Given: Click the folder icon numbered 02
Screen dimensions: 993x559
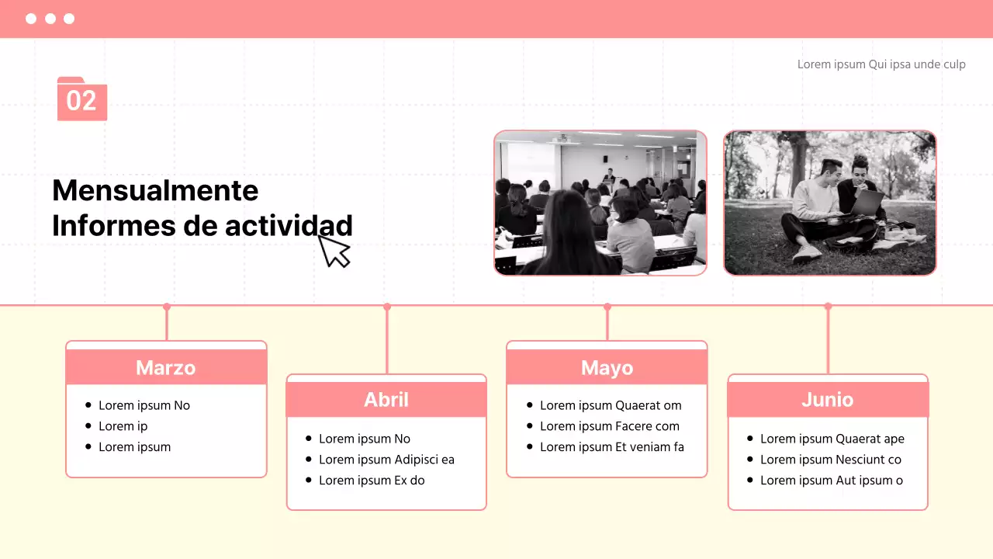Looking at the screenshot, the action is pyautogui.click(x=82, y=99).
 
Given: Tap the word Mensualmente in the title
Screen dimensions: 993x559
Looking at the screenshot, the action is pyautogui.click(x=155, y=190).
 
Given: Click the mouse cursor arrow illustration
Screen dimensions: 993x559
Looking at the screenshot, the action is pyautogui.click(x=334, y=251).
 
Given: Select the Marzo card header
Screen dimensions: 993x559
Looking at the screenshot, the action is pyautogui.click(x=166, y=367).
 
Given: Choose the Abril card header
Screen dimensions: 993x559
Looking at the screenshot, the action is pyautogui.click(x=386, y=399).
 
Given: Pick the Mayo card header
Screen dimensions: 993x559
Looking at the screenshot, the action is pyautogui.click(x=607, y=367).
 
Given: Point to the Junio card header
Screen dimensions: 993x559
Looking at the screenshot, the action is pyautogui.click(x=828, y=399).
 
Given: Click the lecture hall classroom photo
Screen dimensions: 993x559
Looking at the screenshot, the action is pyautogui.click(x=600, y=203).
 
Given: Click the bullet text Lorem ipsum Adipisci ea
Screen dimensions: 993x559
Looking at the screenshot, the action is pyautogui.click(x=386, y=460).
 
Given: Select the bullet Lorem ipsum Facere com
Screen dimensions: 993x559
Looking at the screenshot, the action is pyautogui.click(x=610, y=426).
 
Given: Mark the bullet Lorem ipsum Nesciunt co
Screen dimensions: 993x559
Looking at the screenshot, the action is pyautogui.click(x=831, y=460).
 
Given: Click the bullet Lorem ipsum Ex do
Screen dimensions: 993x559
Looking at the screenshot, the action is pyautogui.click(x=372, y=481).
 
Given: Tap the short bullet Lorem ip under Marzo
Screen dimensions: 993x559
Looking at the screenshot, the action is pyautogui.click(x=123, y=426).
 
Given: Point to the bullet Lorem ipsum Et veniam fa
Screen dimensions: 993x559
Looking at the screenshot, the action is pyautogui.click(x=612, y=446).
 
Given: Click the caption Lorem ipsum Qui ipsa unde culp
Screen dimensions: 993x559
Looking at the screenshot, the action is pyautogui.click(x=881, y=64).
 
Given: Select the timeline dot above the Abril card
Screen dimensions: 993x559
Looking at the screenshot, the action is pyautogui.click(x=387, y=307).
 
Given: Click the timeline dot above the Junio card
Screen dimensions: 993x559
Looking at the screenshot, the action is pyautogui.click(x=828, y=306).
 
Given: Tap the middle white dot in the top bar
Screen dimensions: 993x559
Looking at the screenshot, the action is pyautogui.click(x=50, y=19).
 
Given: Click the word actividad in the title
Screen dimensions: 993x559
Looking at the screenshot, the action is pyautogui.click(x=289, y=225).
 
